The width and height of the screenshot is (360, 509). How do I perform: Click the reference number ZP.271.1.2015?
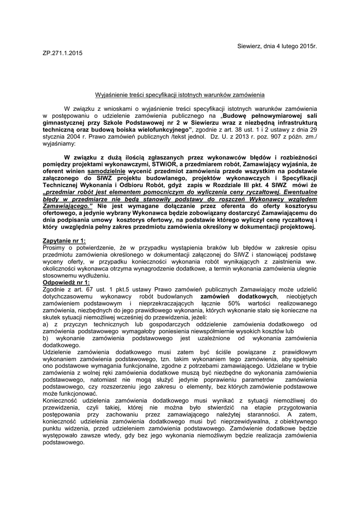[x=63, y=53]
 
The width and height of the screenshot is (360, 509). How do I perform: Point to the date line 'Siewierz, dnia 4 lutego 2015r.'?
[x=277, y=46]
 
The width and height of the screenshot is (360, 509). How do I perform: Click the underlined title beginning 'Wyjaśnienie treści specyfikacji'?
[x=180, y=94]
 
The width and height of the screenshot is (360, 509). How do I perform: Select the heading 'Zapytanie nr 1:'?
[x=65, y=241]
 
